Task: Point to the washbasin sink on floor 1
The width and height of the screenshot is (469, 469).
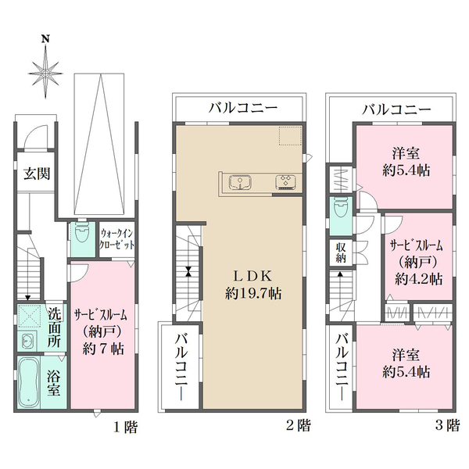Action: point(27,342)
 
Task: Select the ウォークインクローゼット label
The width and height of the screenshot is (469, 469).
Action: point(116,238)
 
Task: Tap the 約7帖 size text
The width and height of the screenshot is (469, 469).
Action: point(102,349)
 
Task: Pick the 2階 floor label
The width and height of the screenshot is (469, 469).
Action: point(299,427)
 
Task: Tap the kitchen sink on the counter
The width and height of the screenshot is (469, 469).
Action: point(239,183)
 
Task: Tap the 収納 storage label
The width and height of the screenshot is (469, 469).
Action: point(342,252)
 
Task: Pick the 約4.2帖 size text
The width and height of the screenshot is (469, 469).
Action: point(418,278)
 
